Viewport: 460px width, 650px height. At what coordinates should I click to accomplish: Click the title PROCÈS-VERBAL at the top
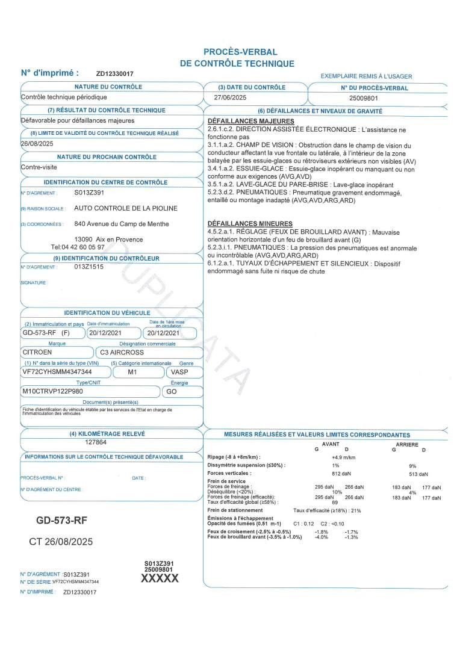[240, 52]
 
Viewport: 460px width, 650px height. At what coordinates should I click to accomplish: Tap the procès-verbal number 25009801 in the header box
[364, 97]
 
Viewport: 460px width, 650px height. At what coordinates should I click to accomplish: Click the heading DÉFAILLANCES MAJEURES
[250, 122]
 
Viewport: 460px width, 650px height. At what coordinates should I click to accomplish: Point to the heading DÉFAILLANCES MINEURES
[250, 224]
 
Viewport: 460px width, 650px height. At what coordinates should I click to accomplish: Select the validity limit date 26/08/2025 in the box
[37, 144]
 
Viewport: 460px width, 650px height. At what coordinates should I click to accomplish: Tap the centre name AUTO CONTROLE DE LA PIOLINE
[126, 208]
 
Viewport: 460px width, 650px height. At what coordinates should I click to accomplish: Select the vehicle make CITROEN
[37, 352]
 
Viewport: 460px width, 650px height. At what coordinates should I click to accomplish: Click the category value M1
[136, 372]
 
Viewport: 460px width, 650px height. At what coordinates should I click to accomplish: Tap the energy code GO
[172, 391]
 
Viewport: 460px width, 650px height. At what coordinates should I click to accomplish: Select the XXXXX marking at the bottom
[159, 578]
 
